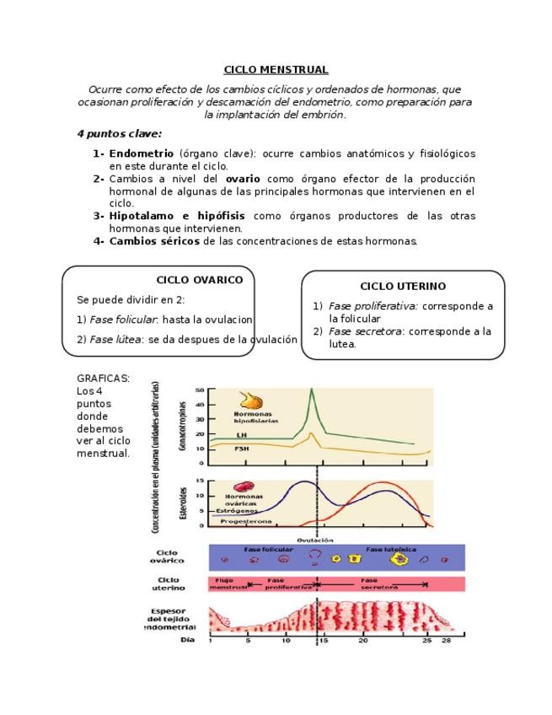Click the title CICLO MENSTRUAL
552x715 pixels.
[276, 70]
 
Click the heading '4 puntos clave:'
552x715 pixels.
[119, 133]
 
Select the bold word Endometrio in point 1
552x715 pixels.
[142, 153]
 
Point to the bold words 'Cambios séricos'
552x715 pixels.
[155, 241]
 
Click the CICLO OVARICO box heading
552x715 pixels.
[200, 280]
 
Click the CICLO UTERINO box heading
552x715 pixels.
[403, 287]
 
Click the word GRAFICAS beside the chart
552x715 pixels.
[103, 379]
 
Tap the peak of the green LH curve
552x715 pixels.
[312, 390]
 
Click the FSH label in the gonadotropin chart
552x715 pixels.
[242, 449]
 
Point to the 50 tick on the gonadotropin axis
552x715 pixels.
[200, 390]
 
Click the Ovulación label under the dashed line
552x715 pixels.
[315, 540]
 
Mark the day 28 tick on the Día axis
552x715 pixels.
[447, 640]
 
